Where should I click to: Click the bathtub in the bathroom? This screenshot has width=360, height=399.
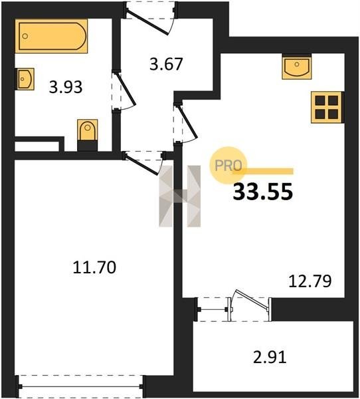click(x=51, y=36)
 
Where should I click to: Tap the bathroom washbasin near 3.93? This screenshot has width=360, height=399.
click(x=25, y=79)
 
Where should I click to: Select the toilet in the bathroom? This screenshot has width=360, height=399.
click(x=88, y=135)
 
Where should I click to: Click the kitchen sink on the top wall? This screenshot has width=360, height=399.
click(x=297, y=66)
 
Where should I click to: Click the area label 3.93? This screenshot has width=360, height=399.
click(x=66, y=87)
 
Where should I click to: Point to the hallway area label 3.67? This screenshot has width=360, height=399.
click(x=166, y=64)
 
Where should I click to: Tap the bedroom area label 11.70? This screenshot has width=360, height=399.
click(x=94, y=267)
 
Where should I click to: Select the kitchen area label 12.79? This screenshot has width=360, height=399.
click(x=310, y=281)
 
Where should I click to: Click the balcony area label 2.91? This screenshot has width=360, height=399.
click(x=270, y=356)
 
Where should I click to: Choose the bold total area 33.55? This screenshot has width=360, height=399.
click(x=263, y=192)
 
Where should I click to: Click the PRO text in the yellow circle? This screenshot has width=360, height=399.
click(x=228, y=166)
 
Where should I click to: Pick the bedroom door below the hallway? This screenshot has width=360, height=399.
click(x=143, y=163)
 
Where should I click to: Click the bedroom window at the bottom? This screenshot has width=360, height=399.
click(x=80, y=386)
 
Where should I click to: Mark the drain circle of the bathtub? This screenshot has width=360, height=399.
click(x=25, y=36)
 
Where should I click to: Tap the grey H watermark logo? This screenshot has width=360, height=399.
click(x=180, y=196)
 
